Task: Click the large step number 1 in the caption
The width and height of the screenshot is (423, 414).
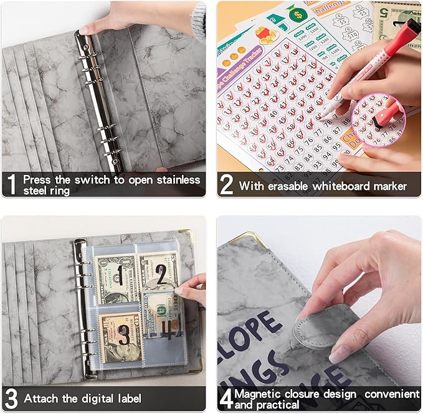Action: [11, 185]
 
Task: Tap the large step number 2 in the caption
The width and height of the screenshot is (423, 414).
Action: [227, 185]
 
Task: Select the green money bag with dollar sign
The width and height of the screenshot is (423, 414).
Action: [297, 13]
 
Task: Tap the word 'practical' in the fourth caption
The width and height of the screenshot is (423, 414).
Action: [282, 404]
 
